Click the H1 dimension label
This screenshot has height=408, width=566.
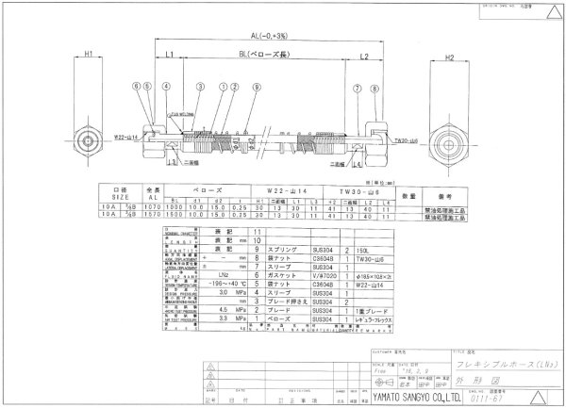tap(87, 56)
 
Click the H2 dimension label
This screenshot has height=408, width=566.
tap(449, 56)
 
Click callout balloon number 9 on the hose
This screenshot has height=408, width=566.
tap(256, 87)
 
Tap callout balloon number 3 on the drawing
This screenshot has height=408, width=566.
tap(201, 87)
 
